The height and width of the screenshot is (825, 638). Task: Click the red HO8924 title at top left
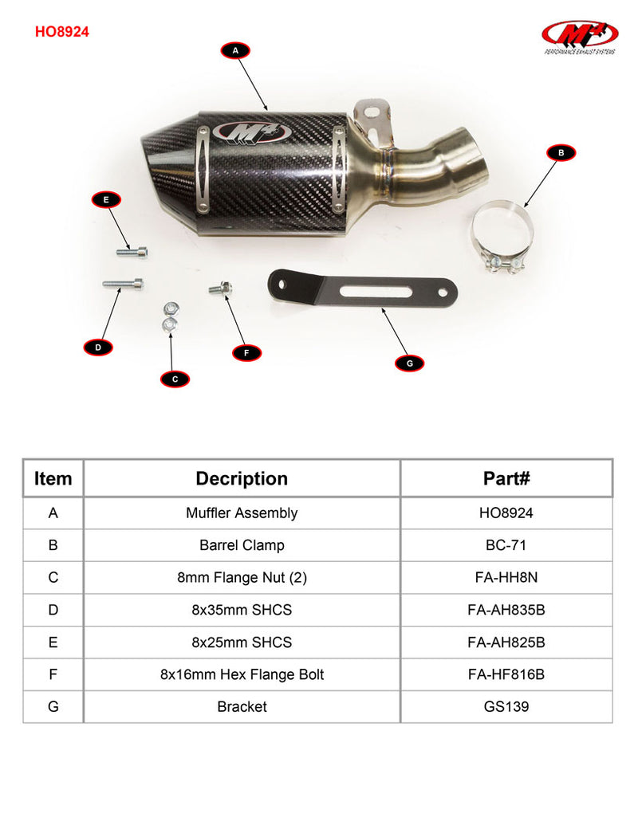click(62, 32)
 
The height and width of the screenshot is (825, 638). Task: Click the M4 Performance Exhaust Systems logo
click(580, 37)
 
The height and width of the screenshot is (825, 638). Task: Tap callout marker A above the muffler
click(235, 50)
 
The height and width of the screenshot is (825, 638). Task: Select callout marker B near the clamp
click(561, 152)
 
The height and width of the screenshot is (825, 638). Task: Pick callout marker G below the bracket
click(410, 363)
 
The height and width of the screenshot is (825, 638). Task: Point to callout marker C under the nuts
click(175, 379)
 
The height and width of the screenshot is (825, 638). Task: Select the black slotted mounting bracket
click(362, 289)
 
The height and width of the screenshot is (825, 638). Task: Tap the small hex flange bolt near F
click(221, 288)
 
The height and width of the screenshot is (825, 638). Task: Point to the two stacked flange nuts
click(170, 318)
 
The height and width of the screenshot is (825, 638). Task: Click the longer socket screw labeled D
click(123, 284)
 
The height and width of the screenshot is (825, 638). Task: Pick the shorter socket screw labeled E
click(132, 252)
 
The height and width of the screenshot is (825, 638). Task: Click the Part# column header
click(506, 478)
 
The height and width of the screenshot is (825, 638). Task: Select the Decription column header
click(242, 478)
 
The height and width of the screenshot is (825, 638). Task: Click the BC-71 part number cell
click(506, 545)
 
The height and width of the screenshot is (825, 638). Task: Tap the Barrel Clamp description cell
click(242, 545)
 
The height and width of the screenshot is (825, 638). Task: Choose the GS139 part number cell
click(506, 706)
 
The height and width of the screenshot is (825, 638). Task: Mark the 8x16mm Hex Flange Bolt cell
click(242, 674)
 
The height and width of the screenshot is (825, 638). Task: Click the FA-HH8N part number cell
click(506, 578)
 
